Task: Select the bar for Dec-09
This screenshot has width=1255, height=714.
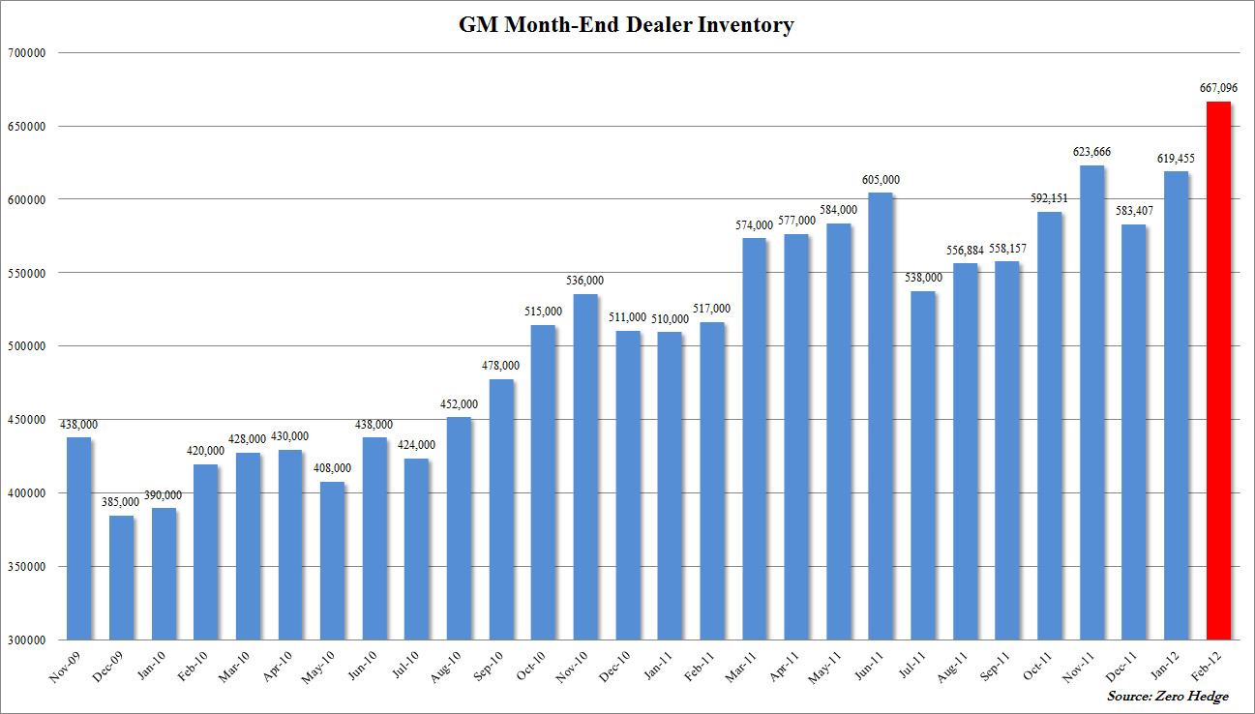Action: tap(121, 578)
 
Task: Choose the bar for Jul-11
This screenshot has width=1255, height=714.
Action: tap(923, 465)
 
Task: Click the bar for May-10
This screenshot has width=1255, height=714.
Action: tap(332, 560)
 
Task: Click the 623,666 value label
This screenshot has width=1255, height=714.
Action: tap(1092, 152)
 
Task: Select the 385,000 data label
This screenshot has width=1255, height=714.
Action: tap(121, 502)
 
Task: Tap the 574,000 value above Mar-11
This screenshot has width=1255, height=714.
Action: tap(754, 224)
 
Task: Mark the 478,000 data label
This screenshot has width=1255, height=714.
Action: tap(500, 366)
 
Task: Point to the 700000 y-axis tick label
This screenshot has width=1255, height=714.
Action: tap(29, 53)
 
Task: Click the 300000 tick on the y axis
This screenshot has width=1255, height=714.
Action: tap(29, 640)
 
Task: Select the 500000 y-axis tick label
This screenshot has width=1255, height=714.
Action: tap(29, 346)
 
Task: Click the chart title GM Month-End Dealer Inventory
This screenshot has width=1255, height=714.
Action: tap(626, 25)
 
